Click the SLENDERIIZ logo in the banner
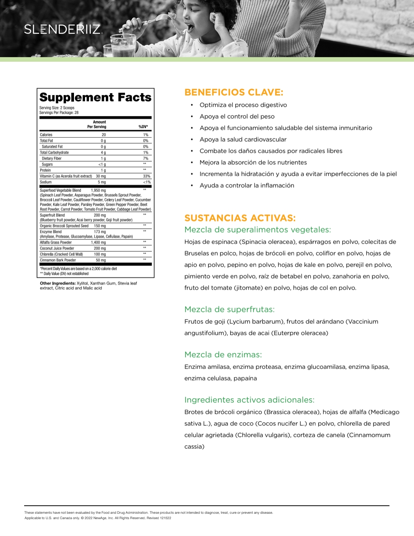click(x=62, y=29)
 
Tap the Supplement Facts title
click(x=95, y=97)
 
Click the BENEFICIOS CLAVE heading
click(x=234, y=92)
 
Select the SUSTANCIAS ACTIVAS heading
click(x=240, y=218)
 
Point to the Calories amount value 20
click(x=104, y=135)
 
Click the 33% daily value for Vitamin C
click(x=146, y=176)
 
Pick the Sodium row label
click(x=46, y=182)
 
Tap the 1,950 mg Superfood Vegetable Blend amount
click(x=99, y=191)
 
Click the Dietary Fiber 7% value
click(x=146, y=158)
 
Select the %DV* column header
click(x=143, y=127)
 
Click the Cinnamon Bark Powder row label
click(x=58, y=260)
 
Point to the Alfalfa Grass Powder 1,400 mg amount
click(x=98, y=242)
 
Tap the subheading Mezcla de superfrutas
click(x=229, y=310)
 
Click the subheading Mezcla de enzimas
click(x=223, y=355)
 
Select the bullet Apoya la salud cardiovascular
click(x=243, y=140)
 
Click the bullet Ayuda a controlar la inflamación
click(x=247, y=186)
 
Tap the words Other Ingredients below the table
click(x=58, y=284)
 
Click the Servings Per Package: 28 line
click(x=59, y=113)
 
